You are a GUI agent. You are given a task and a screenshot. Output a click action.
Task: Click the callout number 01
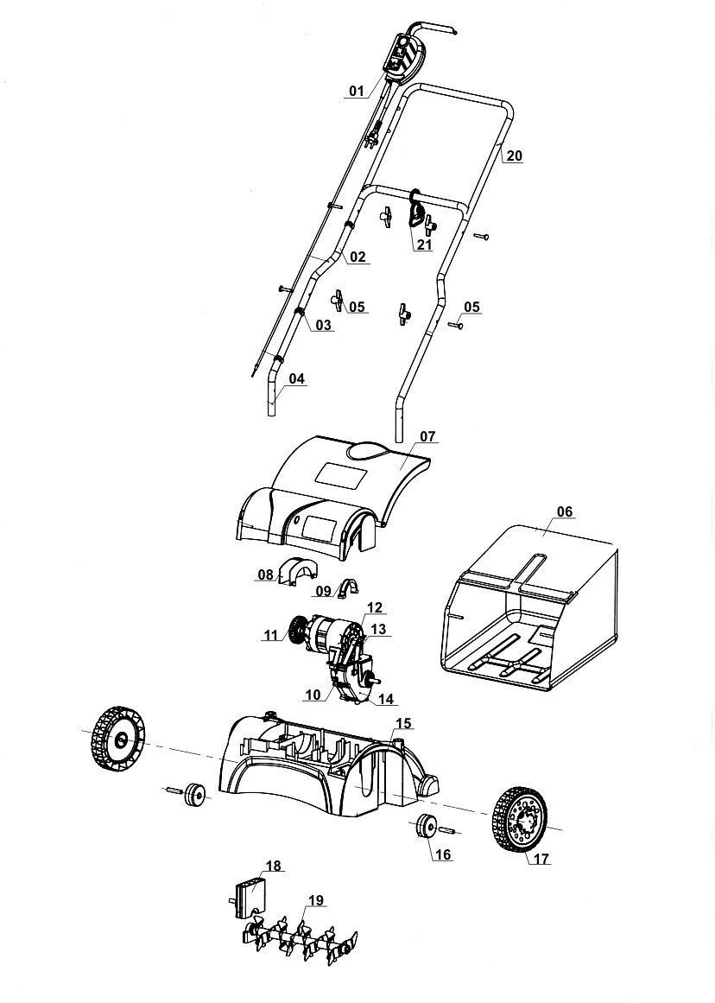pos(356,91)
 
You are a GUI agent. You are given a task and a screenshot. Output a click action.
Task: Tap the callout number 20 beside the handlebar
pos(515,156)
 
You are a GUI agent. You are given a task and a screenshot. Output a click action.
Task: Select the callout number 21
pos(423,244)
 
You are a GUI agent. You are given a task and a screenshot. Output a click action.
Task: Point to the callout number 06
pos(564,511)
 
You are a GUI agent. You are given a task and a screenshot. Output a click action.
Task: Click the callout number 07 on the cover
pos(429,436)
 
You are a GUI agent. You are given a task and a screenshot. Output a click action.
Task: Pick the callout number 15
pos(403,722)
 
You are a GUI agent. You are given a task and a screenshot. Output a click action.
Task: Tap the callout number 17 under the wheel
pos(541,860)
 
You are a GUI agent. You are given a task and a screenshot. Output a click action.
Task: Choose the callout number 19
pos(315,901)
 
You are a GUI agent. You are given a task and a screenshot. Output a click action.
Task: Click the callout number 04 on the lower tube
pos(296,378)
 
